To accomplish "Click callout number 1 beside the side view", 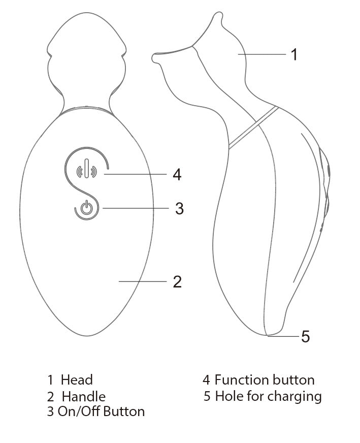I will (294, 54).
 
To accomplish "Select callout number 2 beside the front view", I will (177, 281).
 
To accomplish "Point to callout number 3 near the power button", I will (179, 208).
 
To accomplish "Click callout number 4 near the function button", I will (177, 175).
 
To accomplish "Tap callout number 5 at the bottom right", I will (305, 336).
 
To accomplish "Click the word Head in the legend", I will (77, 379).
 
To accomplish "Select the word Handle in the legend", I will (84, 396).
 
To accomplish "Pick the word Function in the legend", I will (241, 379).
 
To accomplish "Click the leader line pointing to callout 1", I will (261, 54).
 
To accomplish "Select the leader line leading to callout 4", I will (136, 174).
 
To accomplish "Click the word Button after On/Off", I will (124, 412).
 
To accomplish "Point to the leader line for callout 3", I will (135, 208).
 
